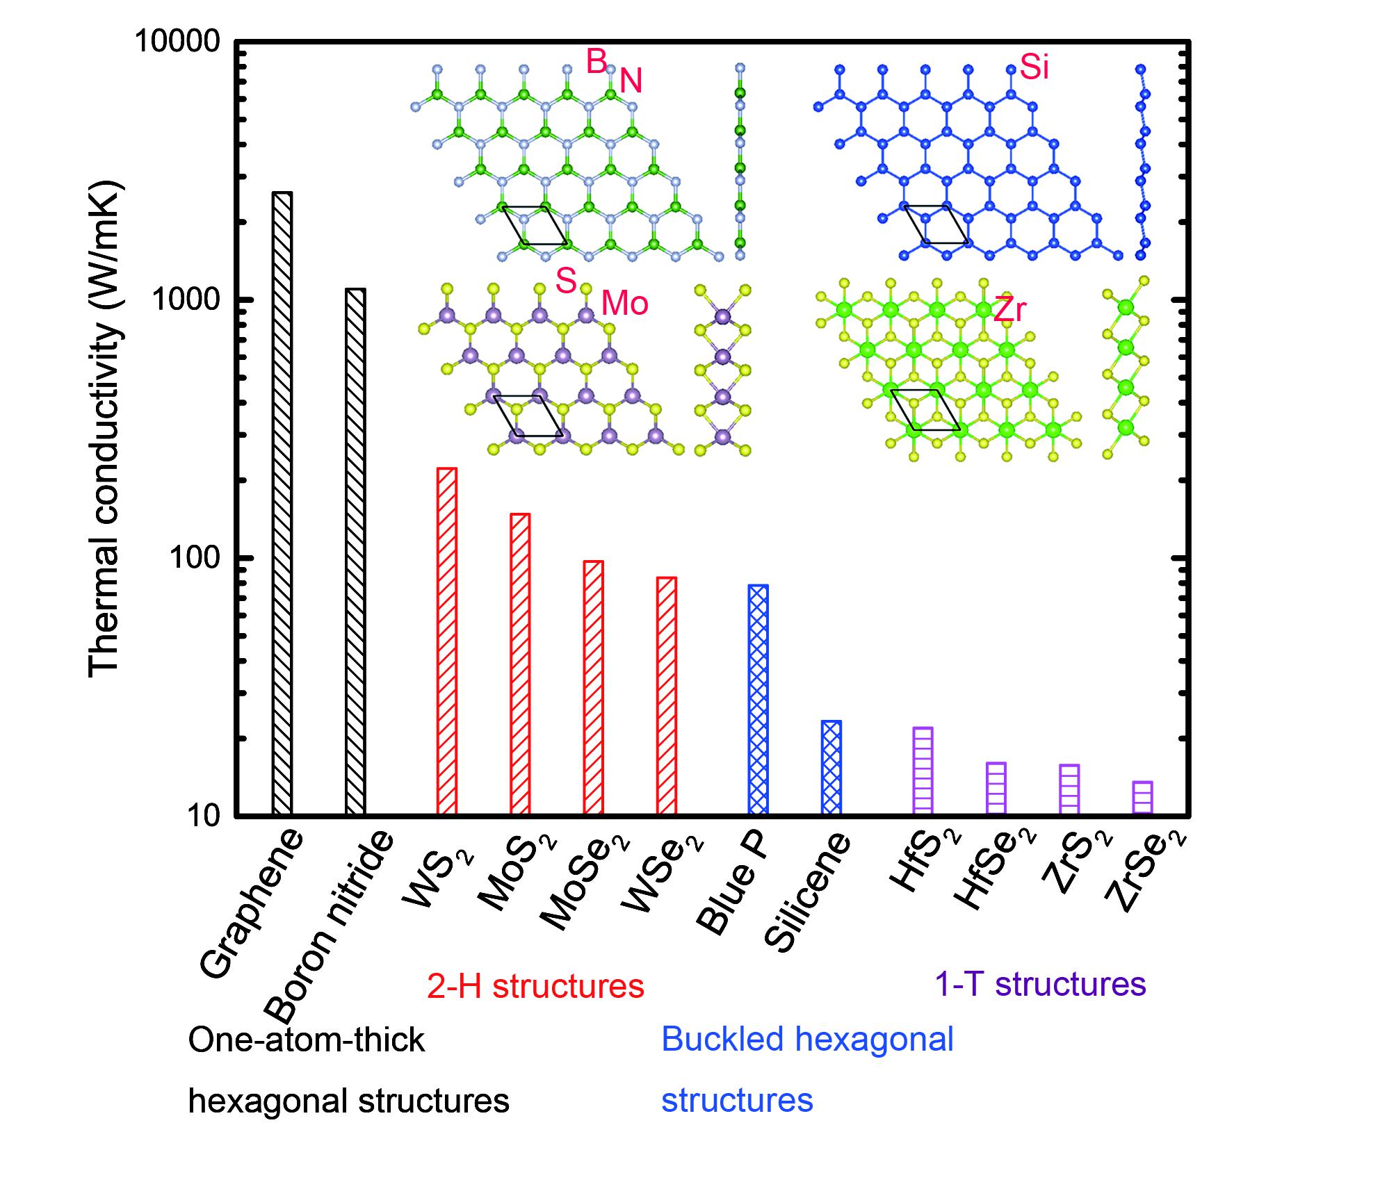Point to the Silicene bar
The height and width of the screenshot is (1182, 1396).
pos(831,767)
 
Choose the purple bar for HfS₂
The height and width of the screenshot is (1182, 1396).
pos(923,771)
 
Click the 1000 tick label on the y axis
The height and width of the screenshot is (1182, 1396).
pos(185,300)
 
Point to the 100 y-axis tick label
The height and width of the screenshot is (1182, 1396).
pos(194,558)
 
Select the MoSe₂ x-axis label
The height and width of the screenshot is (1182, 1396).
pos(584,883)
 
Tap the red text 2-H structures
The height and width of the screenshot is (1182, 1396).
pos(535,986)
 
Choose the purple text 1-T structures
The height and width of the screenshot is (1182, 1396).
pos(1040,984)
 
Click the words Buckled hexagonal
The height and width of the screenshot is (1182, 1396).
pos(807,1040)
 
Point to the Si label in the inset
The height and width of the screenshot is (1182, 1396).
pos(1034,68)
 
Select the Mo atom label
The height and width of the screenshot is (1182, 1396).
pos(624,304)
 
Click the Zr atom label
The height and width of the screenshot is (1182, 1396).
pos(1009,309)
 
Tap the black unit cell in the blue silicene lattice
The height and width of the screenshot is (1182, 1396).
pos(936,224)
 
